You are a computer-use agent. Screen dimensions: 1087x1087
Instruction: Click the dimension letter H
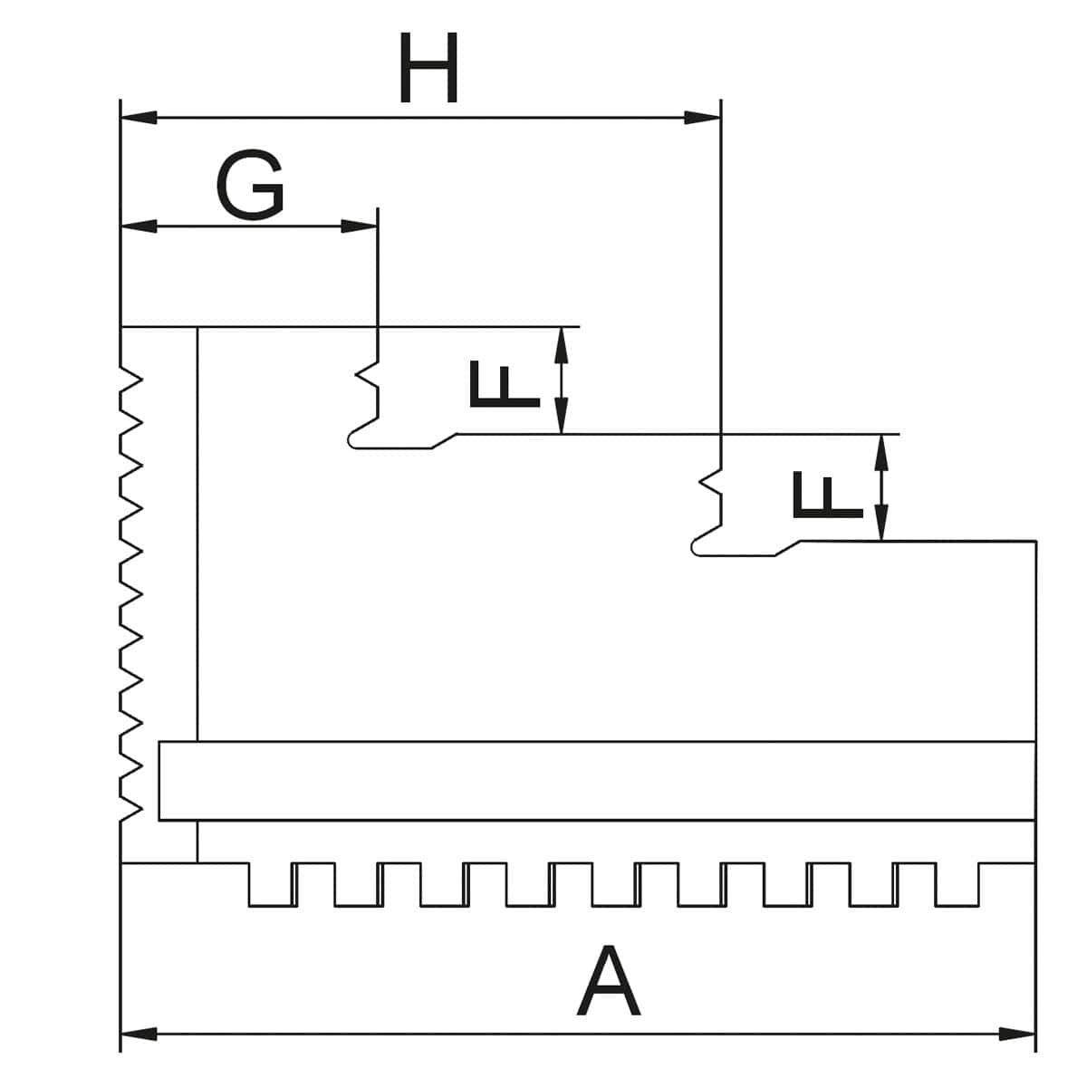coord(428,70)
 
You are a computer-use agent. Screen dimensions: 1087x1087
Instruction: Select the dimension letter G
coord(250,186)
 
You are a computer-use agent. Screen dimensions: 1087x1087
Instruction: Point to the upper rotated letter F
coord(504,384)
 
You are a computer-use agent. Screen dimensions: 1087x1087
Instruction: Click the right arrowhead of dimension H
coord(702,118)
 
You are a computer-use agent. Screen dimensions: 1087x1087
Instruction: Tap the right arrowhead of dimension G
coord(359,226)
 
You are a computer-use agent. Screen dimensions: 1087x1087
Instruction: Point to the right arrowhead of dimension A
coord(1016,1034)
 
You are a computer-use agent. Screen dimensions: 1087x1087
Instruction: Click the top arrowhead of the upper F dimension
coord(562,343)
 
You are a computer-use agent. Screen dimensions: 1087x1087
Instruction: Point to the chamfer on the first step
coord(444,440)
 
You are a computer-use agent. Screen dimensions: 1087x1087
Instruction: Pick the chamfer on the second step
coord(787,548)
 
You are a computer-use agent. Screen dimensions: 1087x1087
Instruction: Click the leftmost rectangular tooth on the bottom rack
coord(269,884)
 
